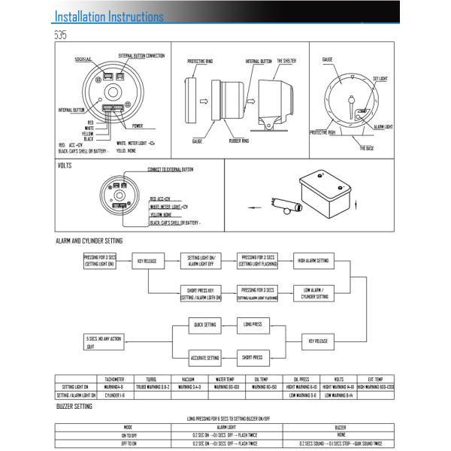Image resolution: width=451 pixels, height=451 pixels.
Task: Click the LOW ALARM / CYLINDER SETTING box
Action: pos(314,292)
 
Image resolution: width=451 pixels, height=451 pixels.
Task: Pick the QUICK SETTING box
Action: pos(204,325)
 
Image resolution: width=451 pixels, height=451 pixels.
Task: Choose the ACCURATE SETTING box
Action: pos(204,358)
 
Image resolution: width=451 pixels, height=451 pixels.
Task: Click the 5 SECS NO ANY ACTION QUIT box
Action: pos(102,343)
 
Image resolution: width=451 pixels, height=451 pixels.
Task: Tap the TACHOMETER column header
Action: pos(115,380)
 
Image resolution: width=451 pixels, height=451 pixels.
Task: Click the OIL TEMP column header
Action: pos(262,380)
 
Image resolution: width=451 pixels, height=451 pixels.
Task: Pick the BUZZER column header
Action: pos(341,426)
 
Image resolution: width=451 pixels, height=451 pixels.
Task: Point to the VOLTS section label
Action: pos(65,165)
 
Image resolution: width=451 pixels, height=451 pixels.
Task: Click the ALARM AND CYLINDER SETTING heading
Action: pos(89,241)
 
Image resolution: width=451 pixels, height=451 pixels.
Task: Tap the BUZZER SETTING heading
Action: pos(74,407)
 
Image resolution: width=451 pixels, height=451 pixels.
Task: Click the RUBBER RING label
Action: pos(240,140)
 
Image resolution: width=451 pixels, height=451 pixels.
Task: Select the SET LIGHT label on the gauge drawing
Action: pos(381,78)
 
